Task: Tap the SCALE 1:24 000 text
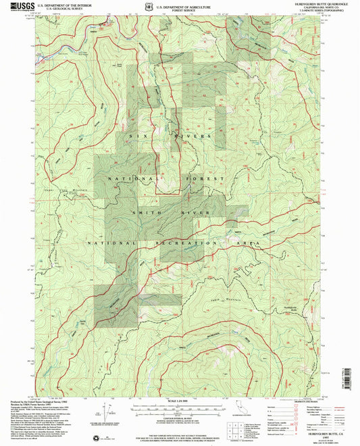tap(180, 403)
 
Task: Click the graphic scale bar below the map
tap(180, 410)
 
